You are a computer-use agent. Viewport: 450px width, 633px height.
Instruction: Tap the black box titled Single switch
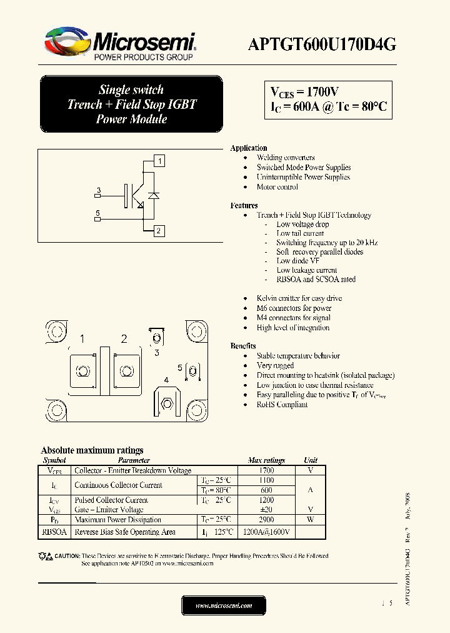(131, 104)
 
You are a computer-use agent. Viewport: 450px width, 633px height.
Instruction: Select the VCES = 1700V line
(304, 91)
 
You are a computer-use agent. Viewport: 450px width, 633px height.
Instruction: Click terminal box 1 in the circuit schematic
(160, 161)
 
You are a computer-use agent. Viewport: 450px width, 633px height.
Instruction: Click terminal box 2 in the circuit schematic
(159, 231)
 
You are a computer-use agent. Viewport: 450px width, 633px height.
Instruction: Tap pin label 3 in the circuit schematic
(98, 190)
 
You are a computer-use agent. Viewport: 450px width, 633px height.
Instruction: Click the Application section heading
(249, 148)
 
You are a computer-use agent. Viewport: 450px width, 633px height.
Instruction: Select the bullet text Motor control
(277, 187)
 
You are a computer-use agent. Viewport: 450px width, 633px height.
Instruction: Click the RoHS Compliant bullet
(282, 405)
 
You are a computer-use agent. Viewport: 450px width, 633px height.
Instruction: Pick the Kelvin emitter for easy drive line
(299, 298)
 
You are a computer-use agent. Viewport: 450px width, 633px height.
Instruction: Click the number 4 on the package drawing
(166, 380)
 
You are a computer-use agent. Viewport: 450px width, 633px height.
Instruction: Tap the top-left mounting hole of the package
(56, 329)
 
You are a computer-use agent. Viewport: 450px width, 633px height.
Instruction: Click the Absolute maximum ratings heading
(92, 450)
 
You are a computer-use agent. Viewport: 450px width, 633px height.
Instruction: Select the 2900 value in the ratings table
(266, 520)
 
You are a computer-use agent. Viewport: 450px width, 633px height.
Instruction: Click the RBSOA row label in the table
(54, 532)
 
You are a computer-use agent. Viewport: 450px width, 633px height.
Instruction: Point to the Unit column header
(310, 460)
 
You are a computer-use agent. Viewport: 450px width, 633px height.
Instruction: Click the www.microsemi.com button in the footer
(224, 605)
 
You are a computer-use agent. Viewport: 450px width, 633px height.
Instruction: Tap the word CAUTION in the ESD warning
(67, 556)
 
